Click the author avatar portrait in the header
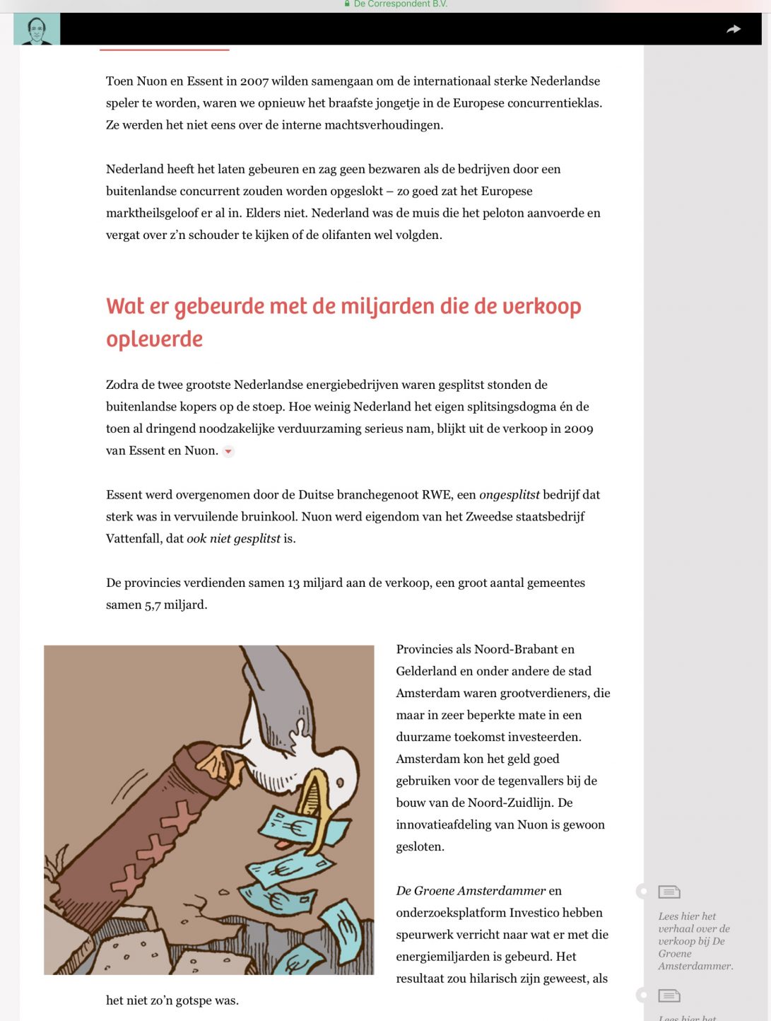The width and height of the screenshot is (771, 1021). [x=37, y=29]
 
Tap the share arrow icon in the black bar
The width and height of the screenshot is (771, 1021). [x=734, y=29]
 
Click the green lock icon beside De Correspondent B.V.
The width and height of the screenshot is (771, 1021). [x=347, y=4]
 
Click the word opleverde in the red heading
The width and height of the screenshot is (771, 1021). [x=154, y=339]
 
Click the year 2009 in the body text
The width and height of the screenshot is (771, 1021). [x=578, y=429]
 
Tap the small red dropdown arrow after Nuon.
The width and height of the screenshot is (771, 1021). [x=228, y=451]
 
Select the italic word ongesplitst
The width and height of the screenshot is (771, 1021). [x=509, y=495]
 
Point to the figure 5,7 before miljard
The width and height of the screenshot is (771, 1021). [x=153, y=605]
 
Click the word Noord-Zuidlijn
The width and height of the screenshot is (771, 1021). [x=529, y=803]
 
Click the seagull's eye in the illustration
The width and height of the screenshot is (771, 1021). [x=339, y=783]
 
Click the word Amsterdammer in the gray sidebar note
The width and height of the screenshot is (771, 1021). [x=695, y=967]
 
